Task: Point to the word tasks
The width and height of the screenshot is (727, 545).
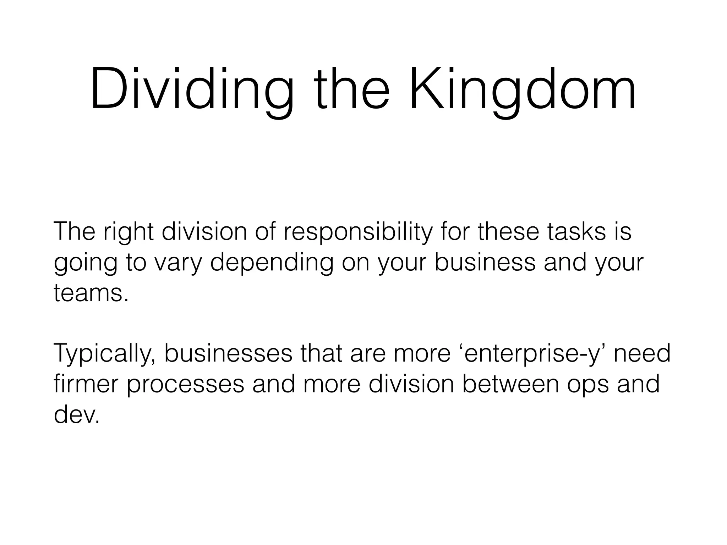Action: click(568, 231)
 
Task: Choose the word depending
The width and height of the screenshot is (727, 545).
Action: click(272, 263)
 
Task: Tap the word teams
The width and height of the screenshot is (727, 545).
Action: click(91, 293)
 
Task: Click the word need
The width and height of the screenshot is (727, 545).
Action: click(642, 353)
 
